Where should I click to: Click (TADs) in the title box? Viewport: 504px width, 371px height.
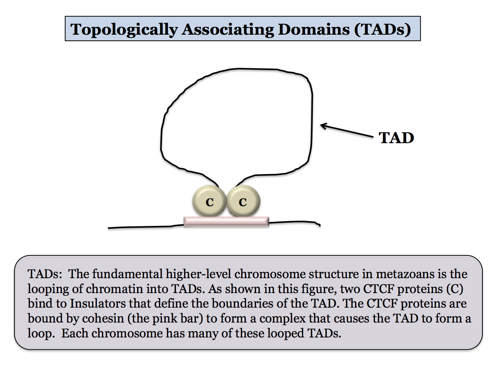[x=383, y=29]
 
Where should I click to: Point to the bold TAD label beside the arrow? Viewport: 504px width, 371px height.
[x=396, y=138]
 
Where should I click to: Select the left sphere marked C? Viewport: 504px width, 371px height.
[x=209, y=201]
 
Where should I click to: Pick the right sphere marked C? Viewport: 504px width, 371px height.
[x=243, y=201]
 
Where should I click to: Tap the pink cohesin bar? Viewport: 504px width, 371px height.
[x=226, y=221]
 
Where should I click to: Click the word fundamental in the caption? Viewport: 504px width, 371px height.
[x=127, y=274]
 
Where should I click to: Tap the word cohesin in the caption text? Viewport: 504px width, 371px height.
[x=103, y=318]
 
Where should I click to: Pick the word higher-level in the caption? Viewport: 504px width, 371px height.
[x=198, y=274]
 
